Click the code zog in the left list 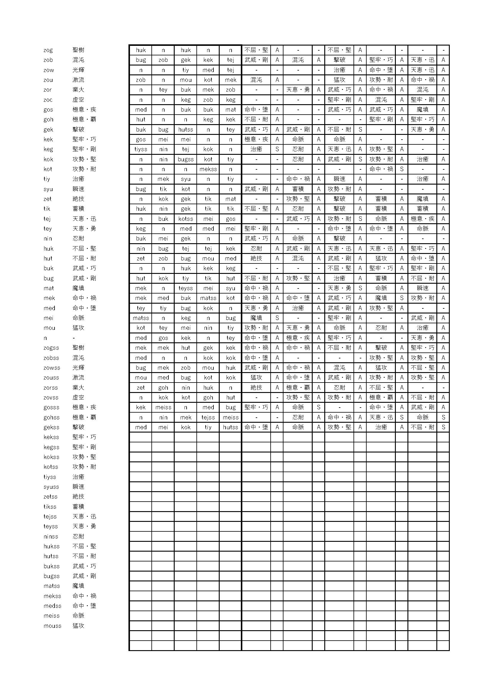pos(48,50)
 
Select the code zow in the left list pos(49,70)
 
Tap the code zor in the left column pos(48,90)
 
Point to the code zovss pos(51,397)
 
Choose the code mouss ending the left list pos(52,626)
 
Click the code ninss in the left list pos(51,536)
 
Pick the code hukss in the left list pos(51,546)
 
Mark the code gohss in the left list pos(51,417)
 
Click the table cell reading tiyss pos(141,149)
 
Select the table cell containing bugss pos(185,159)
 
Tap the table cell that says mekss pos(208,169)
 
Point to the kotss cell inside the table pos(185,219)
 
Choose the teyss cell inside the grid pos(185,288)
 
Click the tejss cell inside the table pos(208,417)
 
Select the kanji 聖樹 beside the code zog pos(78,50)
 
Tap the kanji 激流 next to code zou pos(78,80)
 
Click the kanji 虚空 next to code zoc pos(78,100)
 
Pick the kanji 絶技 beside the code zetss pos(78,497)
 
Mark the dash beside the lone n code pos(74,338)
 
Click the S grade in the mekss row pos(401,169)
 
